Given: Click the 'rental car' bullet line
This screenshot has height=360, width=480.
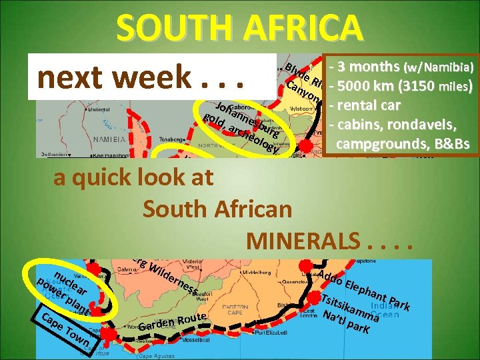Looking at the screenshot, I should (x=369, y=105).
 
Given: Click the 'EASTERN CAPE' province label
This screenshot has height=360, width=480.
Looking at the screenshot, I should (x=257, y=309).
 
